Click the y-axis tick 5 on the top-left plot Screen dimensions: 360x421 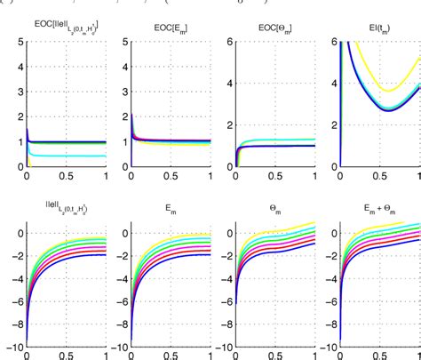pos(18,40)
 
